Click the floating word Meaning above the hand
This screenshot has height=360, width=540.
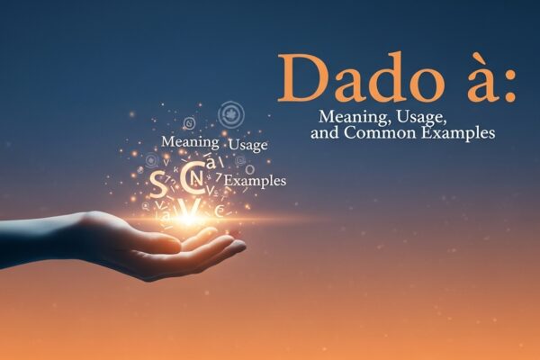coord(190,142)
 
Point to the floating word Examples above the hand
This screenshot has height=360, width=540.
coord(256,182)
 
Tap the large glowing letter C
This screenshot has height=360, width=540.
coord(192,178)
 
